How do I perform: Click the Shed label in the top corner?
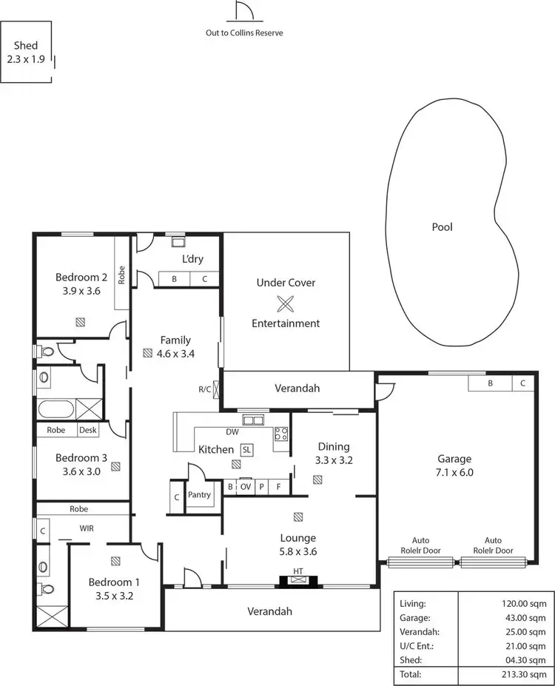click(26, 46)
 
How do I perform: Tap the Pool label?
click(442, 227)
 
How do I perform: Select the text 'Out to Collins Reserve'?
click(244, 33)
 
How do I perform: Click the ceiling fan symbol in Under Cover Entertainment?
click(286, 303)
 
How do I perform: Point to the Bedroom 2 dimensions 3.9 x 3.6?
click(82, 291)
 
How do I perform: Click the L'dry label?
click(192, 259)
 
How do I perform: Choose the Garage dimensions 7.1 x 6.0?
click(454, 472)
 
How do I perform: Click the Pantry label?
click(199, 495)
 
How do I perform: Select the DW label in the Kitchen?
click(232, 433)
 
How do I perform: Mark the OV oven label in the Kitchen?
click(246, 487)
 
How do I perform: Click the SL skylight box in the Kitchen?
click(246, 449)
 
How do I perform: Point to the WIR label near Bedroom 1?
click(88, 529)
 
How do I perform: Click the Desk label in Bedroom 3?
click(88, 429)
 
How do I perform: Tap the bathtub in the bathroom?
click(55, 408)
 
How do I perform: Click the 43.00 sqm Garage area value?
click(508, 617)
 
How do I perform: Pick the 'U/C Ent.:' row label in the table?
click(415, 646)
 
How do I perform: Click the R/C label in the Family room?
click(205, 389)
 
